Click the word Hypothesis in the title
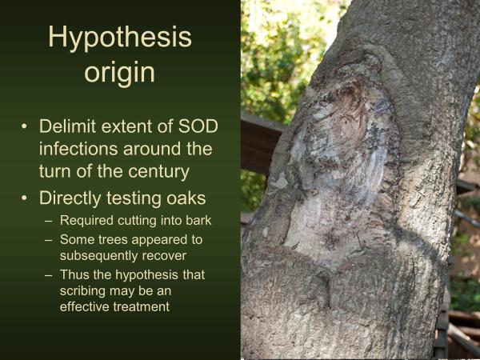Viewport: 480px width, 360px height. pos(120,38)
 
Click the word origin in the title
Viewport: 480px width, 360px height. pos(120,73)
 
